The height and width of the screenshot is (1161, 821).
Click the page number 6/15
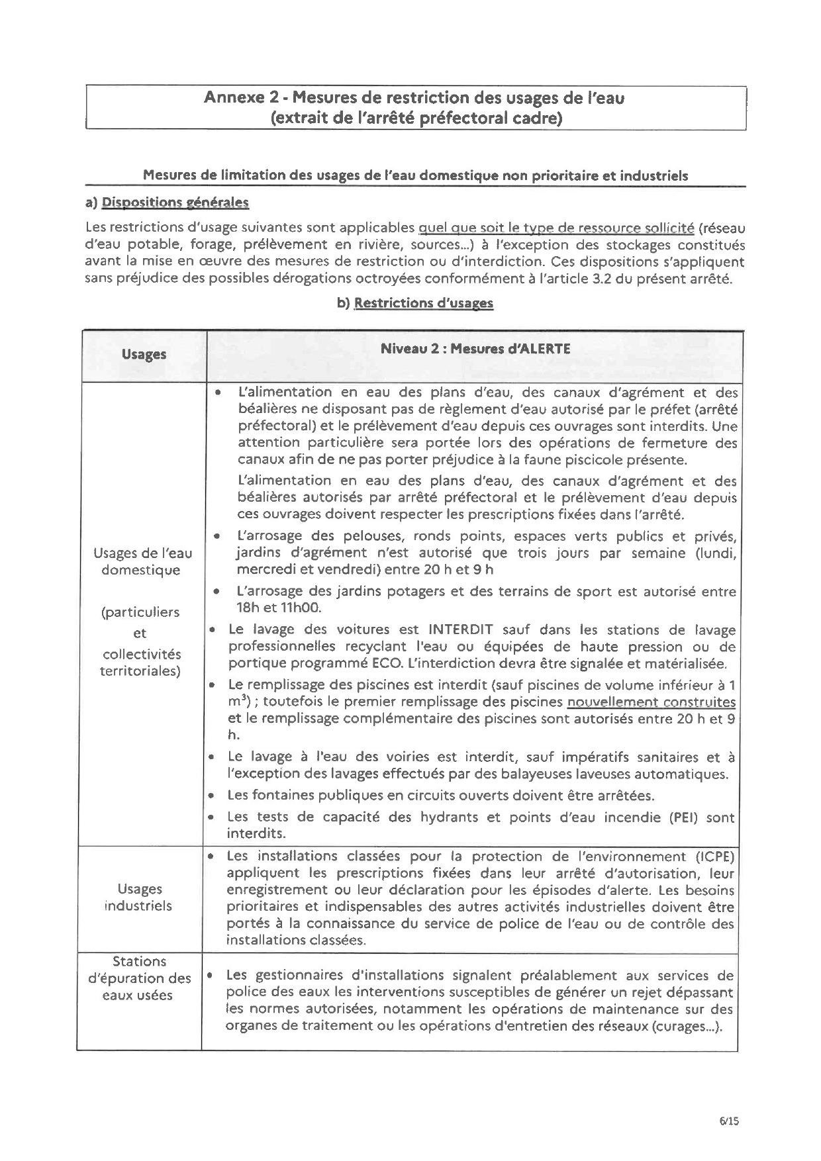pyautogui.click(x=728, y=1121)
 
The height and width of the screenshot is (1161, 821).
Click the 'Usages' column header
pyautogui.click(x=144, y=354)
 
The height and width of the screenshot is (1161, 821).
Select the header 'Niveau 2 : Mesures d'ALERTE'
pyautogui.click(x=475, y=349)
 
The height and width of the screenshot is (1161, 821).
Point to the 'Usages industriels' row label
pyautogui.click(x=139, y=897)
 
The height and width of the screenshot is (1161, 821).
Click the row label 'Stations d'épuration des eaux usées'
pyautogui.click(x=140, y=978)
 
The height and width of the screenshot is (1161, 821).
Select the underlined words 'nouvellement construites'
pyautogui.click(x=651, y=702)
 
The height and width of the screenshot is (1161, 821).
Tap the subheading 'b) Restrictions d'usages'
pyautogui.click(x=415, y=303)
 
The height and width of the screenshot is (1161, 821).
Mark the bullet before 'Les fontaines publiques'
pyautogui.click(x=211, y=795)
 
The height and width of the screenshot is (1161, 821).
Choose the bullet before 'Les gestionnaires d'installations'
pyautogui.click(x=209, y=976)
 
